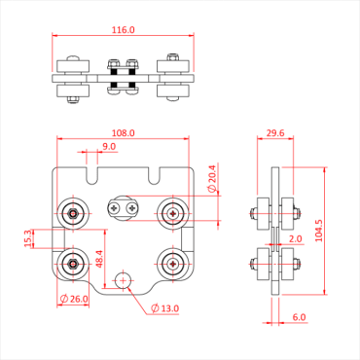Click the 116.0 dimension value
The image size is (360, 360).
point(123,31)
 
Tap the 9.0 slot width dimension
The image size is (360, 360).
point(109,147)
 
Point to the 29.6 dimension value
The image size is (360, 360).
point(274,132)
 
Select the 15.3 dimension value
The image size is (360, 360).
point(29,236)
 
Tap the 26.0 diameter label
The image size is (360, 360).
point(78,299)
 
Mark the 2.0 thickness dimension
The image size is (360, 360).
point(296,237)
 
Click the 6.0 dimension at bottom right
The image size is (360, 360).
point(299,317)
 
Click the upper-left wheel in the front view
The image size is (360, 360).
point(73,213)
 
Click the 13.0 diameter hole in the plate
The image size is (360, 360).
point(123,280)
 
